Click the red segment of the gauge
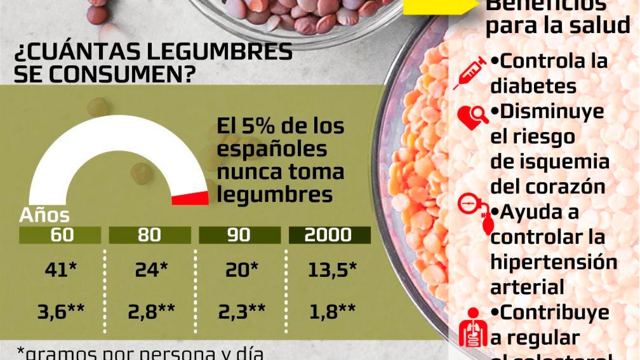[190, 199]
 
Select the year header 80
[150, 235]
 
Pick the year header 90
[239, 235]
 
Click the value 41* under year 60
[61, 269]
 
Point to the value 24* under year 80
[151, 269]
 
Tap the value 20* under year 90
[242, 269]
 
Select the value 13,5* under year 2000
[332, 269]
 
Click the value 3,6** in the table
[61, 312]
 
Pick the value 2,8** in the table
[151, 312]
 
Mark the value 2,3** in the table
[242, 312]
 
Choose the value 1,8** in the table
[332, 312]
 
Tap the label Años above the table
[44, 216]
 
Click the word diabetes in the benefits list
[533, 86]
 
